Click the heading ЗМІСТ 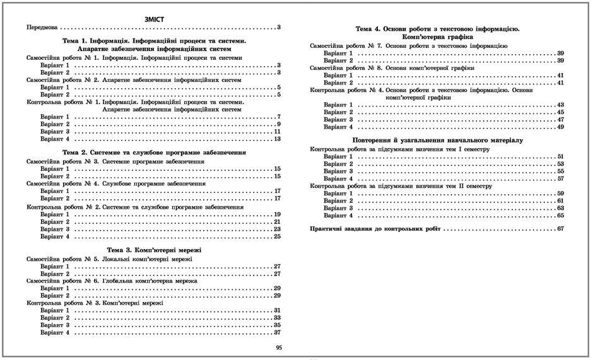tap(155, 19)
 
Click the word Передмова tap(42, 28)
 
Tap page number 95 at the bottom tap(278, 347)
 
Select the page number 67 tap(560, 228)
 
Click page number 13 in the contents tap(277, 139)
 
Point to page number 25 tap(277, 237)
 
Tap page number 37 tap(277, 333)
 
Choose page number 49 tap(560, 127)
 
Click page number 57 tap(560, 179)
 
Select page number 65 tap(560, 216)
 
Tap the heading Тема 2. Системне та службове tap(154, 153)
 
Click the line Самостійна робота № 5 tap(109, 259)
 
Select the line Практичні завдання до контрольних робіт tap(375, 228)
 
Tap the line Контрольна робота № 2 tap(135, 207)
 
